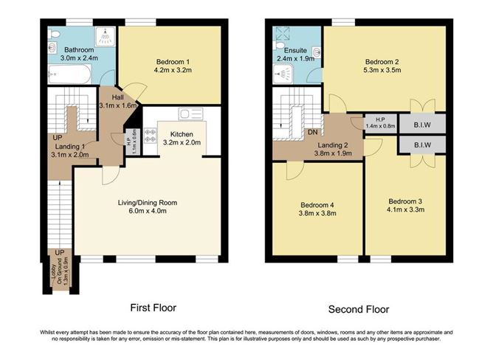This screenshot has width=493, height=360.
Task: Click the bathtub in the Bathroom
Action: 69,74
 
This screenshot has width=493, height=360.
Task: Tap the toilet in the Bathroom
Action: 52,34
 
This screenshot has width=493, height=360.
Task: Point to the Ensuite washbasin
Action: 317,52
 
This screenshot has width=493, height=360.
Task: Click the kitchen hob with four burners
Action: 150,136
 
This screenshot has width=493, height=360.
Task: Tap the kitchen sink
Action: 190,114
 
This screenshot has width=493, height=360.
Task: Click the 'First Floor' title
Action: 153,308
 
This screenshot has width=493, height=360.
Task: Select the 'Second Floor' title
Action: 359,309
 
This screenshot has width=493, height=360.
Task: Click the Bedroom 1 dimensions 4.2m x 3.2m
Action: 173,70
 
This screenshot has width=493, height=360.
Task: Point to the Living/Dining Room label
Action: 148,203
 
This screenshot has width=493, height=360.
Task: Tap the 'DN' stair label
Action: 312,132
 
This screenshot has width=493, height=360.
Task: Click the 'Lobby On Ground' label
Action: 56,273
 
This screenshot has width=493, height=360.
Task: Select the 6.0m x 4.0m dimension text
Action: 148,211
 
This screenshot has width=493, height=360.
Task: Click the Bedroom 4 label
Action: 317,205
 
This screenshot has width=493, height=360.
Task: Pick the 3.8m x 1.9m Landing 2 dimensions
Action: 333,153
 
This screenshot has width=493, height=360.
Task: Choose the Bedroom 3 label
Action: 405,201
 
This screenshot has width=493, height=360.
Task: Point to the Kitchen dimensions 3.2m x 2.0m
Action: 182,142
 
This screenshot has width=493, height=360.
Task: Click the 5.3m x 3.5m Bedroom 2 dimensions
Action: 382,70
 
